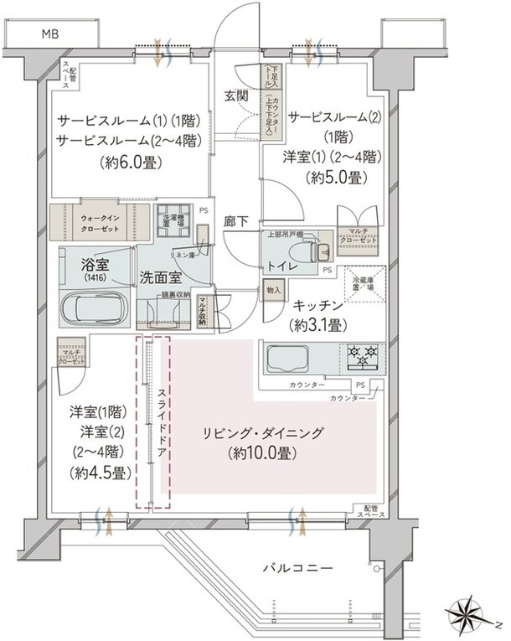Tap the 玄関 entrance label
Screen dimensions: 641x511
coord(235,96)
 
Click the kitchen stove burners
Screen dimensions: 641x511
coord(361,356)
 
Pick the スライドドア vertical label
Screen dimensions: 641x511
coord(153,419)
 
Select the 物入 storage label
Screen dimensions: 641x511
coord(274,290)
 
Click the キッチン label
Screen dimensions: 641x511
coord(315,306)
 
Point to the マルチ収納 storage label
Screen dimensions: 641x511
coord(203,312)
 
